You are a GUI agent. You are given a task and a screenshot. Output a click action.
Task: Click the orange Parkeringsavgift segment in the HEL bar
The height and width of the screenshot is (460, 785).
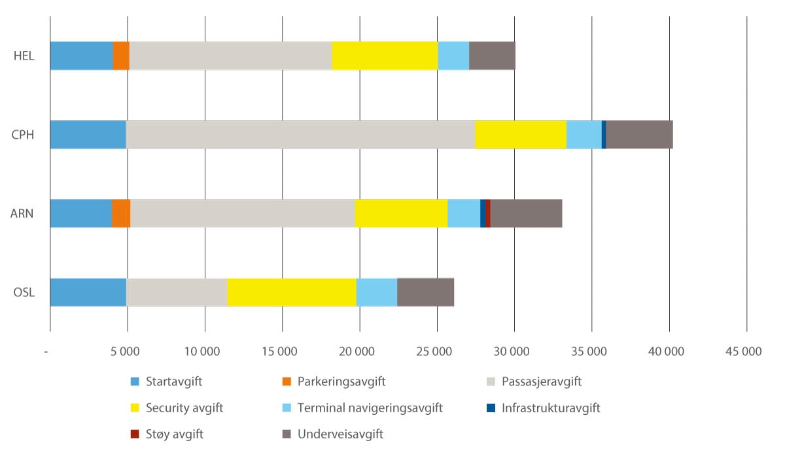(121, 56)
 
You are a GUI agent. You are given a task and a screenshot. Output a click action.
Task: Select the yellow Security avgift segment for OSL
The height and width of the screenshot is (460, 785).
(292, 292)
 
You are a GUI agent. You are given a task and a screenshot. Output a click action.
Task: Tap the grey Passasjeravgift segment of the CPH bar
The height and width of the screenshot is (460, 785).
(300, 135)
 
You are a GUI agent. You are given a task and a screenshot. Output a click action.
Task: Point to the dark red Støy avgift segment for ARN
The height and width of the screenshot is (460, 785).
(488, 213)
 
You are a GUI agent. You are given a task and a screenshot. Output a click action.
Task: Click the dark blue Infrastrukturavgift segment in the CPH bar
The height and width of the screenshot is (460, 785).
(604, 135)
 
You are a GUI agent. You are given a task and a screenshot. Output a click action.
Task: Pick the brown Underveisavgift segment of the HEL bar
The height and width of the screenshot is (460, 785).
(492, 56)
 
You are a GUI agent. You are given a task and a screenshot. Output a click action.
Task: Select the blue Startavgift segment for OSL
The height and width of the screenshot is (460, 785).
(88, 292)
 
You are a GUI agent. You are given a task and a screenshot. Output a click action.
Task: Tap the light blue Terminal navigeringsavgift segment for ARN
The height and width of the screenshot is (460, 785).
(464, 213)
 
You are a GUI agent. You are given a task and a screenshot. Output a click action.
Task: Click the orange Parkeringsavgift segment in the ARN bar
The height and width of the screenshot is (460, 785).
(121, 213)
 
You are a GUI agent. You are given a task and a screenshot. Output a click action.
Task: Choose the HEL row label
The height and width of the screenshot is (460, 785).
(24, 56)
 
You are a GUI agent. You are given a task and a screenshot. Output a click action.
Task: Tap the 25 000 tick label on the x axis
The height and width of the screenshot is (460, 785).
(436, 351)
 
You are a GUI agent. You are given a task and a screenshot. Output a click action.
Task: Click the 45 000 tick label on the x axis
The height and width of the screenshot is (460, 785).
(746, 351)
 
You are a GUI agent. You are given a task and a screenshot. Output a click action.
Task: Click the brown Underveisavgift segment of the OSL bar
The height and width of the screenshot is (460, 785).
(425, 292)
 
